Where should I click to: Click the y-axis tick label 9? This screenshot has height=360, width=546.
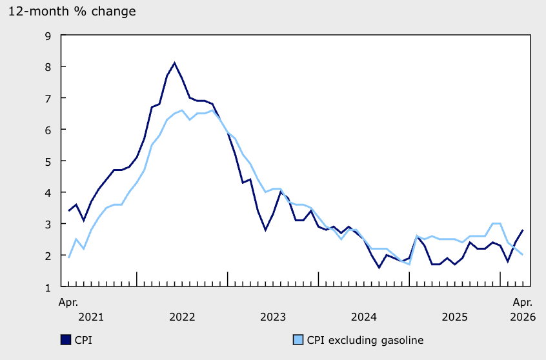(48, 36)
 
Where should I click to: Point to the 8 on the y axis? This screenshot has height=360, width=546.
(48, 67)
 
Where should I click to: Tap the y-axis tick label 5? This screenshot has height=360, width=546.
(48, 161)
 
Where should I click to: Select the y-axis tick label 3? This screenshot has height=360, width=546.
(48, 225)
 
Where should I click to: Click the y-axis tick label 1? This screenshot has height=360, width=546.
(48, 288)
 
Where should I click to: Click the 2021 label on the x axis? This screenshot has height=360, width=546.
(91, 317)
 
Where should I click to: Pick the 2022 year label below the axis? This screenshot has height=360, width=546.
(182, 317)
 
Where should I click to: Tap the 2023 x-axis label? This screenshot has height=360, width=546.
(273, 317)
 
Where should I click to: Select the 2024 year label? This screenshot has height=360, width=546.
(364, 317)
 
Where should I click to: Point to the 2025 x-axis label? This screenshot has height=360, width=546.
(455, 317)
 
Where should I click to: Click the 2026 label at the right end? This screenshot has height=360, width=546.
(523, 317)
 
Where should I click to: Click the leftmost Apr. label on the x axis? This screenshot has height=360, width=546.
(68, 302)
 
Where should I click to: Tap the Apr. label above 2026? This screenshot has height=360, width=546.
(523, 302)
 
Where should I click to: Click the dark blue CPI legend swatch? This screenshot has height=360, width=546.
(66, 340)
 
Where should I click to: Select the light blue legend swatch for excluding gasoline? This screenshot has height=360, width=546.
(298, 340)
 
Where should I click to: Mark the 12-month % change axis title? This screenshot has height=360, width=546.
(72, 12)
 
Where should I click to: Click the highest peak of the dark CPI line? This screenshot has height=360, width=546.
(174, 63)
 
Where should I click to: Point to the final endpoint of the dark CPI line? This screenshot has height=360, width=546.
(523, 230)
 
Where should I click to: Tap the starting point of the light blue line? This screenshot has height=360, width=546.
(68, 258)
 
